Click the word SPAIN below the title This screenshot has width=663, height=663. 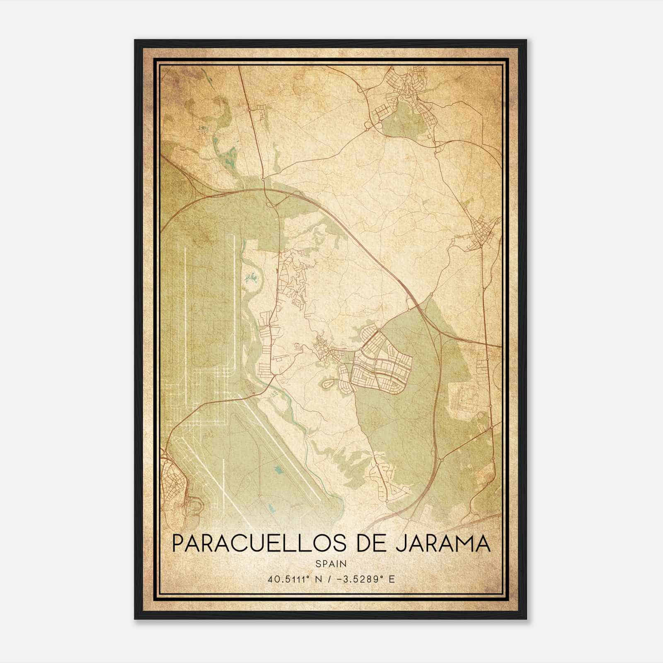pyautogui.click(x=331, y=564)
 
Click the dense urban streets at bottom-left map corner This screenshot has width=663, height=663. pyautogui.click(x=174, y=485)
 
